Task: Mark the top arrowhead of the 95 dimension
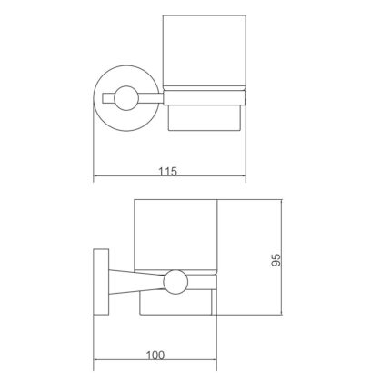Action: (x=285, y=199)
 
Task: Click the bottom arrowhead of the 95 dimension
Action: (x=285, y=317)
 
